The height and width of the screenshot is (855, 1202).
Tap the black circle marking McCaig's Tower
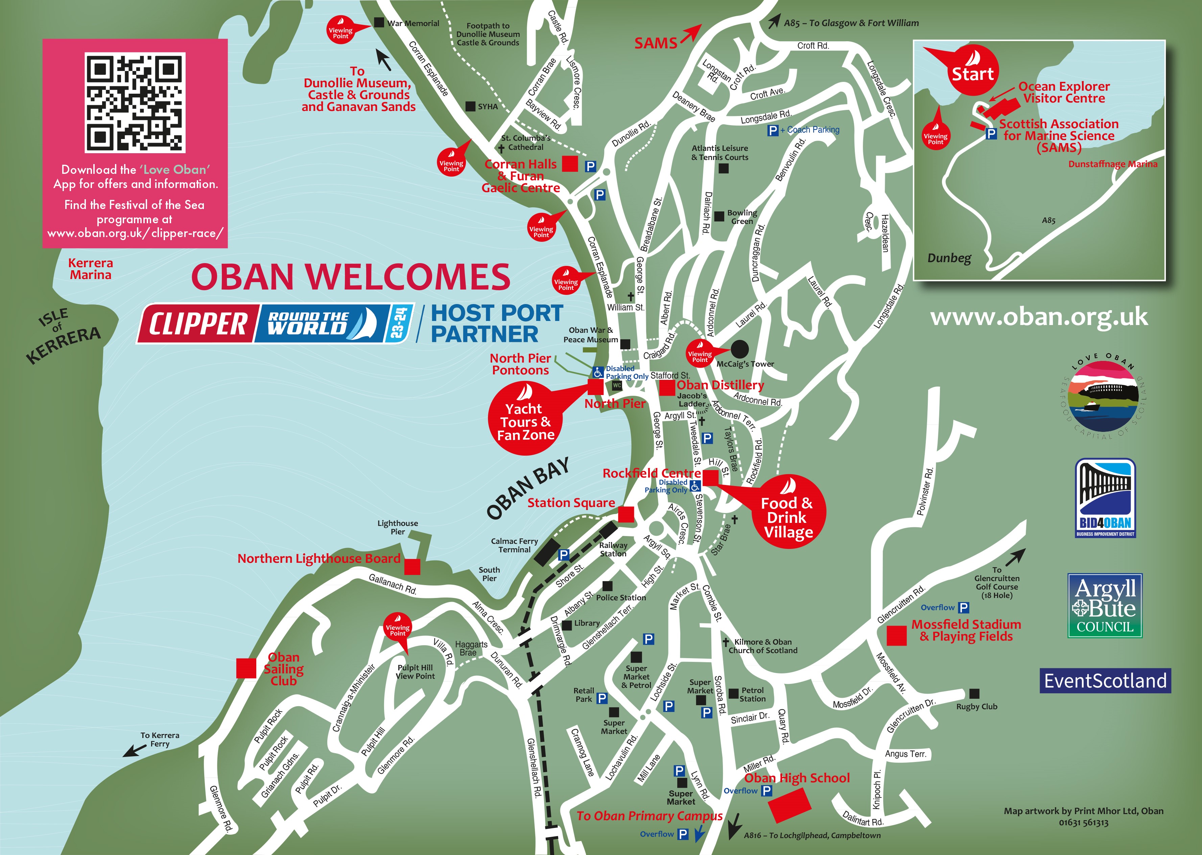[739, 349]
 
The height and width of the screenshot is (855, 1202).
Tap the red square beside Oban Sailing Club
[246, 668]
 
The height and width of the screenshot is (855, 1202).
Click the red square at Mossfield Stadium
[896, 636]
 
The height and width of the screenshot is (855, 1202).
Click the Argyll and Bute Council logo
[1105, 605]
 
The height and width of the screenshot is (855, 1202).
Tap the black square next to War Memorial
[378, 23]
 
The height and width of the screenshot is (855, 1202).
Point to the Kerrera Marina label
[91, 269]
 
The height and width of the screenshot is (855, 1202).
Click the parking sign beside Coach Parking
[773, 130]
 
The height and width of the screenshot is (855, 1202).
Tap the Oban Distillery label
[720, 385]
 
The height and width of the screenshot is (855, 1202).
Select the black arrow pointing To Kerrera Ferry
[134, 750]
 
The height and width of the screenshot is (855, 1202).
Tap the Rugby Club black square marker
[974, 693]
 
